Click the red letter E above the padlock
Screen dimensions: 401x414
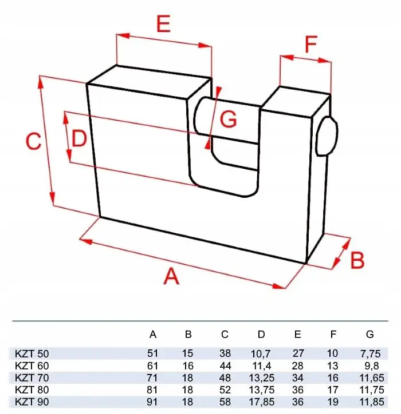tap(163, 23)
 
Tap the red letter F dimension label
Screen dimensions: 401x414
tap(311, 44)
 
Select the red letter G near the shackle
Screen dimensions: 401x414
tap(228, 119)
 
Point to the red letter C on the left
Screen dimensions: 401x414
tap(34, 141)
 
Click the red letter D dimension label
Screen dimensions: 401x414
tap(79, 139)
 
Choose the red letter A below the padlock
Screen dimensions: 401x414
tap(171, 276)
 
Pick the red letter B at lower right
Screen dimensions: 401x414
tap(357, 260)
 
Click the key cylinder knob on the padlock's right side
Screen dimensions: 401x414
tap(327, 136)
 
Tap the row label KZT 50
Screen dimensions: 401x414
tap(32, 353)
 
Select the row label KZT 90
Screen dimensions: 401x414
tap(32, 402)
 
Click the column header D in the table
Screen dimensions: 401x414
tap(261, 335)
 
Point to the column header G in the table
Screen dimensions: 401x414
tap(370, 335)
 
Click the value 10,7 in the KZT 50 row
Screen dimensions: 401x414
tap(261, 354)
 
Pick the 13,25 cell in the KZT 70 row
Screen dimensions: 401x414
tap(262, 378)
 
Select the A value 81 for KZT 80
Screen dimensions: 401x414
tap(152, 390)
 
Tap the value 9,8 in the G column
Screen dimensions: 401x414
tap(371, 366)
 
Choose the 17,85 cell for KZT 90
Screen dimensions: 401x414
tap(262, 402)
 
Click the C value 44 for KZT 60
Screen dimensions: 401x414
tap(225, 366)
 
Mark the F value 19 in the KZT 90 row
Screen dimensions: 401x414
tap(333, 402)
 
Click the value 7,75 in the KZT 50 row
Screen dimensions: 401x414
tap(370, 354)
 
